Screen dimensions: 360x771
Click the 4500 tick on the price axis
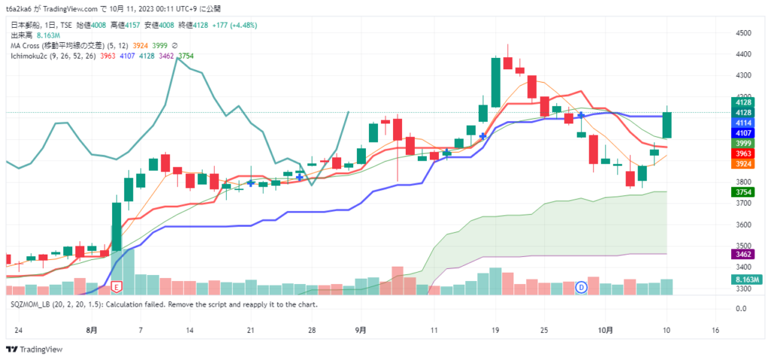click(x=743, y=33)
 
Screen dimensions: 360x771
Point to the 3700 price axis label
click(x=743, y=203)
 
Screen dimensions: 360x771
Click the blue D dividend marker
click(x=581, y=287)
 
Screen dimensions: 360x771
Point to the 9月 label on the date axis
click(x=361, y=330)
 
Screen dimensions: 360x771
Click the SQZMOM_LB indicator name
click(x=34, y=304)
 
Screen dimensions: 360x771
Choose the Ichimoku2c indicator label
click(x=31, y=56)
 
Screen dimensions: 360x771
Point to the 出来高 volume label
click(x=20, y=35)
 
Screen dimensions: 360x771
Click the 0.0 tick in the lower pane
click(x=740, y=308)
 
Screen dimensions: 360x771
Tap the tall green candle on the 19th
click(x=495, y=81)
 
